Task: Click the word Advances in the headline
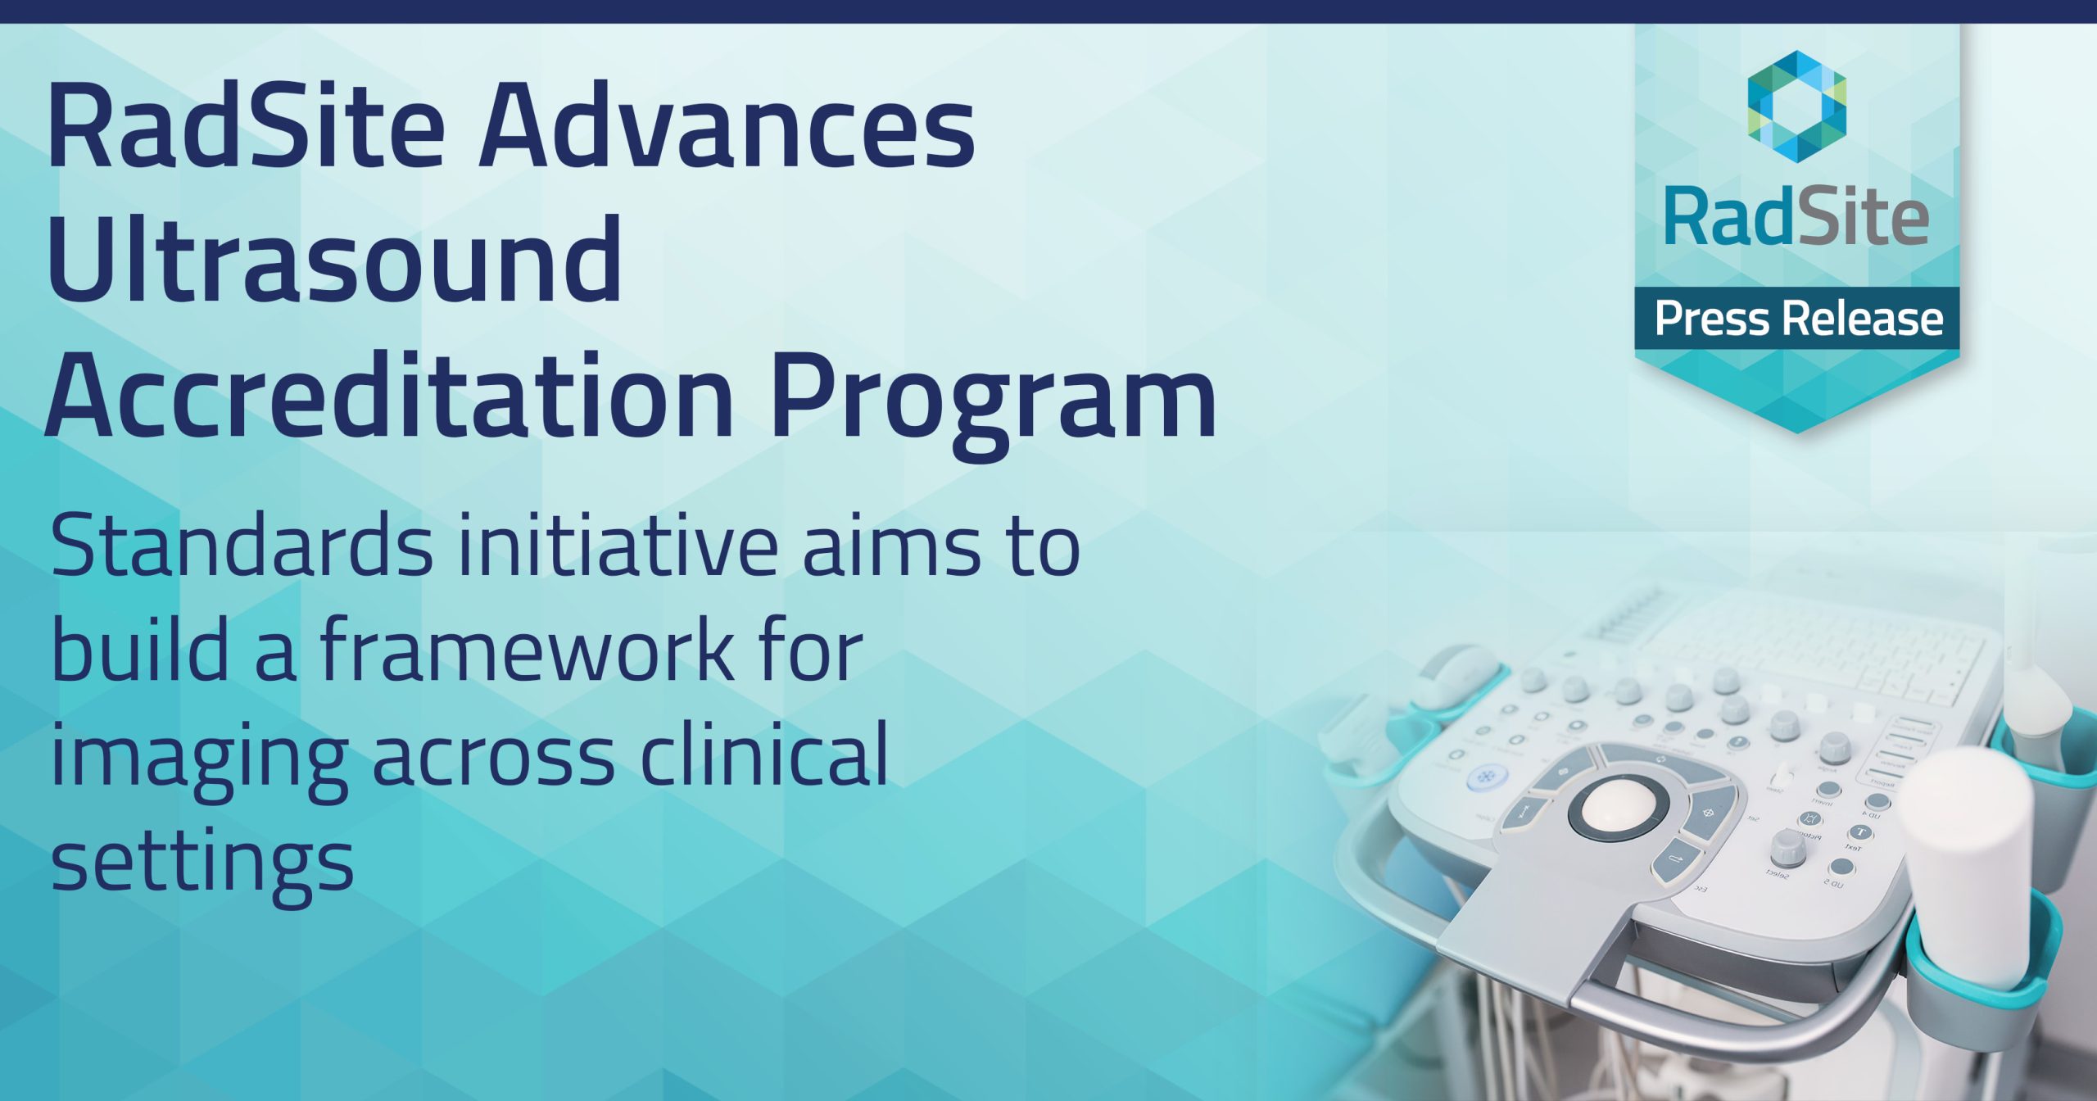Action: click(x=727, y=125)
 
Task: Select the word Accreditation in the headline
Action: click(x=389, y=396)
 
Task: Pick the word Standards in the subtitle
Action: click(x=242, y=544)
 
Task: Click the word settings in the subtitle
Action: click(x=202, y=863)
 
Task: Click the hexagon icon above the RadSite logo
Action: click(x=1796, y=106)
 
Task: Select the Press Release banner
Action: click(x=1797, y=318)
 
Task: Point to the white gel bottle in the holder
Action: click(x=1966, y=868)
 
